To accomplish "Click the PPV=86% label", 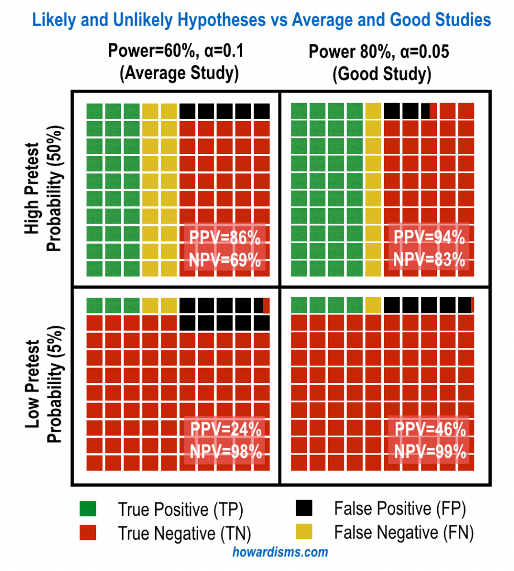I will click(x=225, y=238).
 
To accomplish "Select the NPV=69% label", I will click(x=225, y=260).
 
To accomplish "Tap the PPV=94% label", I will click(x=430, y=238).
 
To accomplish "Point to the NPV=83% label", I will click(x=430, y=260).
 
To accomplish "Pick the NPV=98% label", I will click(x=225, y=452).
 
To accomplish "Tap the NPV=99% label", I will click(x=430, y=452).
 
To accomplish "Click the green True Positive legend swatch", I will click(x=88, y=509).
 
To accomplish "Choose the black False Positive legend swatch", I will click(x=304, y=508).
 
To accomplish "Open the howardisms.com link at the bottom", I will click(x=280, y=553).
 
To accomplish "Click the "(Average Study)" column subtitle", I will click(x=179, y=74).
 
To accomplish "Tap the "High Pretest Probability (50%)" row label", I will click(x=45, y=190).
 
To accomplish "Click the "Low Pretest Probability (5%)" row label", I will click(x=45, y=384).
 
